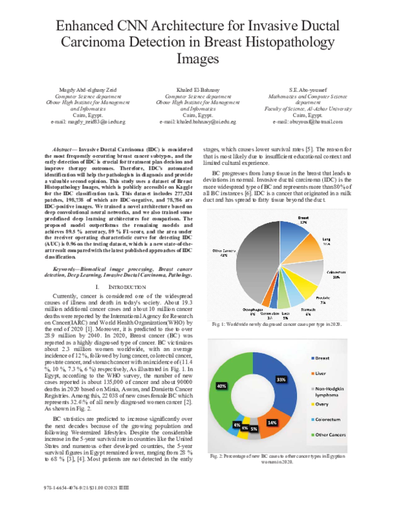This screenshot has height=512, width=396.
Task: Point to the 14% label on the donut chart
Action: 271,421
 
